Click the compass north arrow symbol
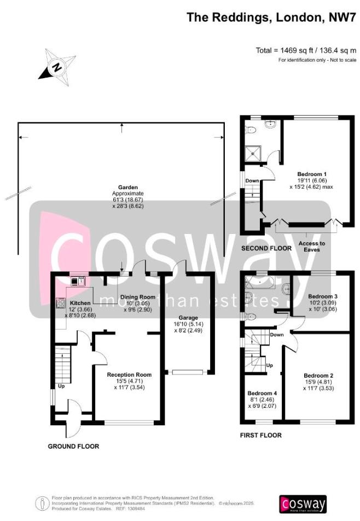56,67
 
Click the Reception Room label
129,374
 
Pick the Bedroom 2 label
318,375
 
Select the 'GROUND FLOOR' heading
73,446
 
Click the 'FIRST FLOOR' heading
260,435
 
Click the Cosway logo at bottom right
303,504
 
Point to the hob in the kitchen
59,301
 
